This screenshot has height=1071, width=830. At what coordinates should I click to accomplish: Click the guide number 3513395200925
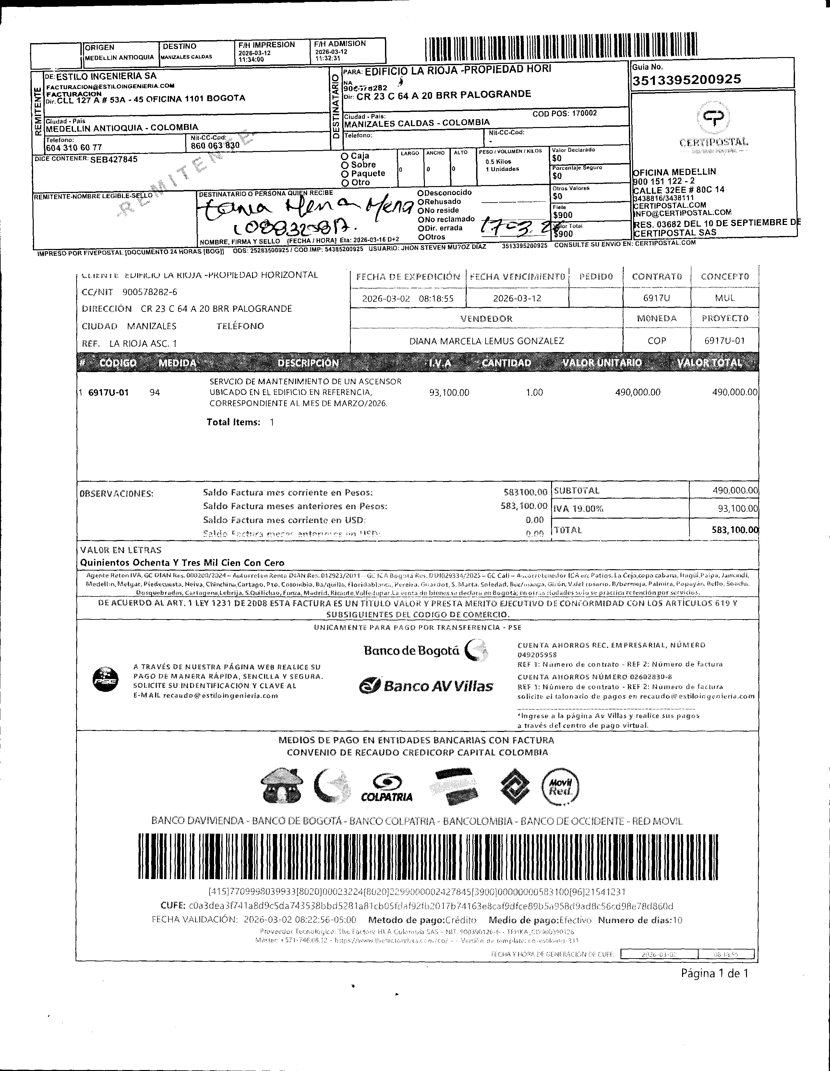pyautogui.click(x=686, y=79)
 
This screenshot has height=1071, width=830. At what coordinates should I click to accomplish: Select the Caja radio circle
pyautogui.click(x=345, y=156)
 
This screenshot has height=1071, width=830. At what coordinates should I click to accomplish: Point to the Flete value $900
pyautogui.click(x=563, y=215)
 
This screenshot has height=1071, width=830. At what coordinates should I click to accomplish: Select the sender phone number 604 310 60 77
pyautogui.click(x=74, y=147)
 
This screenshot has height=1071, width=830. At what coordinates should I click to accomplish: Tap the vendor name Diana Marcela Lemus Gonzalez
pyautogui.click(x=486, y=341)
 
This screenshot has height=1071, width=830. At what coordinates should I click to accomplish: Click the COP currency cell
pyautogui.click(x=656, y=341)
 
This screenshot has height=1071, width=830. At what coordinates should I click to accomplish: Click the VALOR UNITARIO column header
pyautogui.click(x=602, y=363)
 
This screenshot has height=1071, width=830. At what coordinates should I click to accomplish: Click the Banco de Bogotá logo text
pyautogui.click(x=411, y=651)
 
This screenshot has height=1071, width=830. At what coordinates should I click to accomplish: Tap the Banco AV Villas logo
pyautogui.click(x=426, y=686)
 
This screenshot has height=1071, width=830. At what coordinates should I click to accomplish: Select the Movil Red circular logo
pyautogui.click(x=560, y=786)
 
